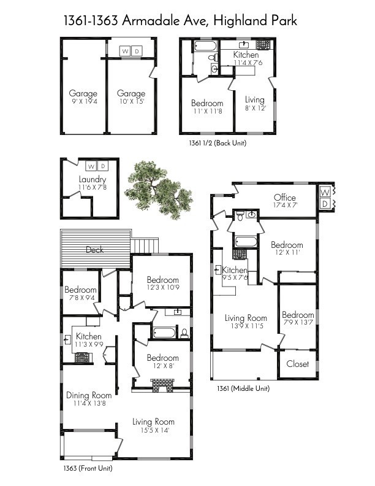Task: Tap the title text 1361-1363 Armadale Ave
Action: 180,21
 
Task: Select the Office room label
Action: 284,198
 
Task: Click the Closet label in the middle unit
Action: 298,364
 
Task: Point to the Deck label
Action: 94,249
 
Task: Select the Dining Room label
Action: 89,395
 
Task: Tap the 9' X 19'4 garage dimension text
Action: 83,101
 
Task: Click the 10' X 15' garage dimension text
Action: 131,101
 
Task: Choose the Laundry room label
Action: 92,180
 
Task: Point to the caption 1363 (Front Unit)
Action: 88,468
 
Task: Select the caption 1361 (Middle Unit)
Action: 243,388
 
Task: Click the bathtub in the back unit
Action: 202,46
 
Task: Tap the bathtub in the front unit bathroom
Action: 164,333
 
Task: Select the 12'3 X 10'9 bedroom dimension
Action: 162,288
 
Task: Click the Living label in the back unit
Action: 254,99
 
